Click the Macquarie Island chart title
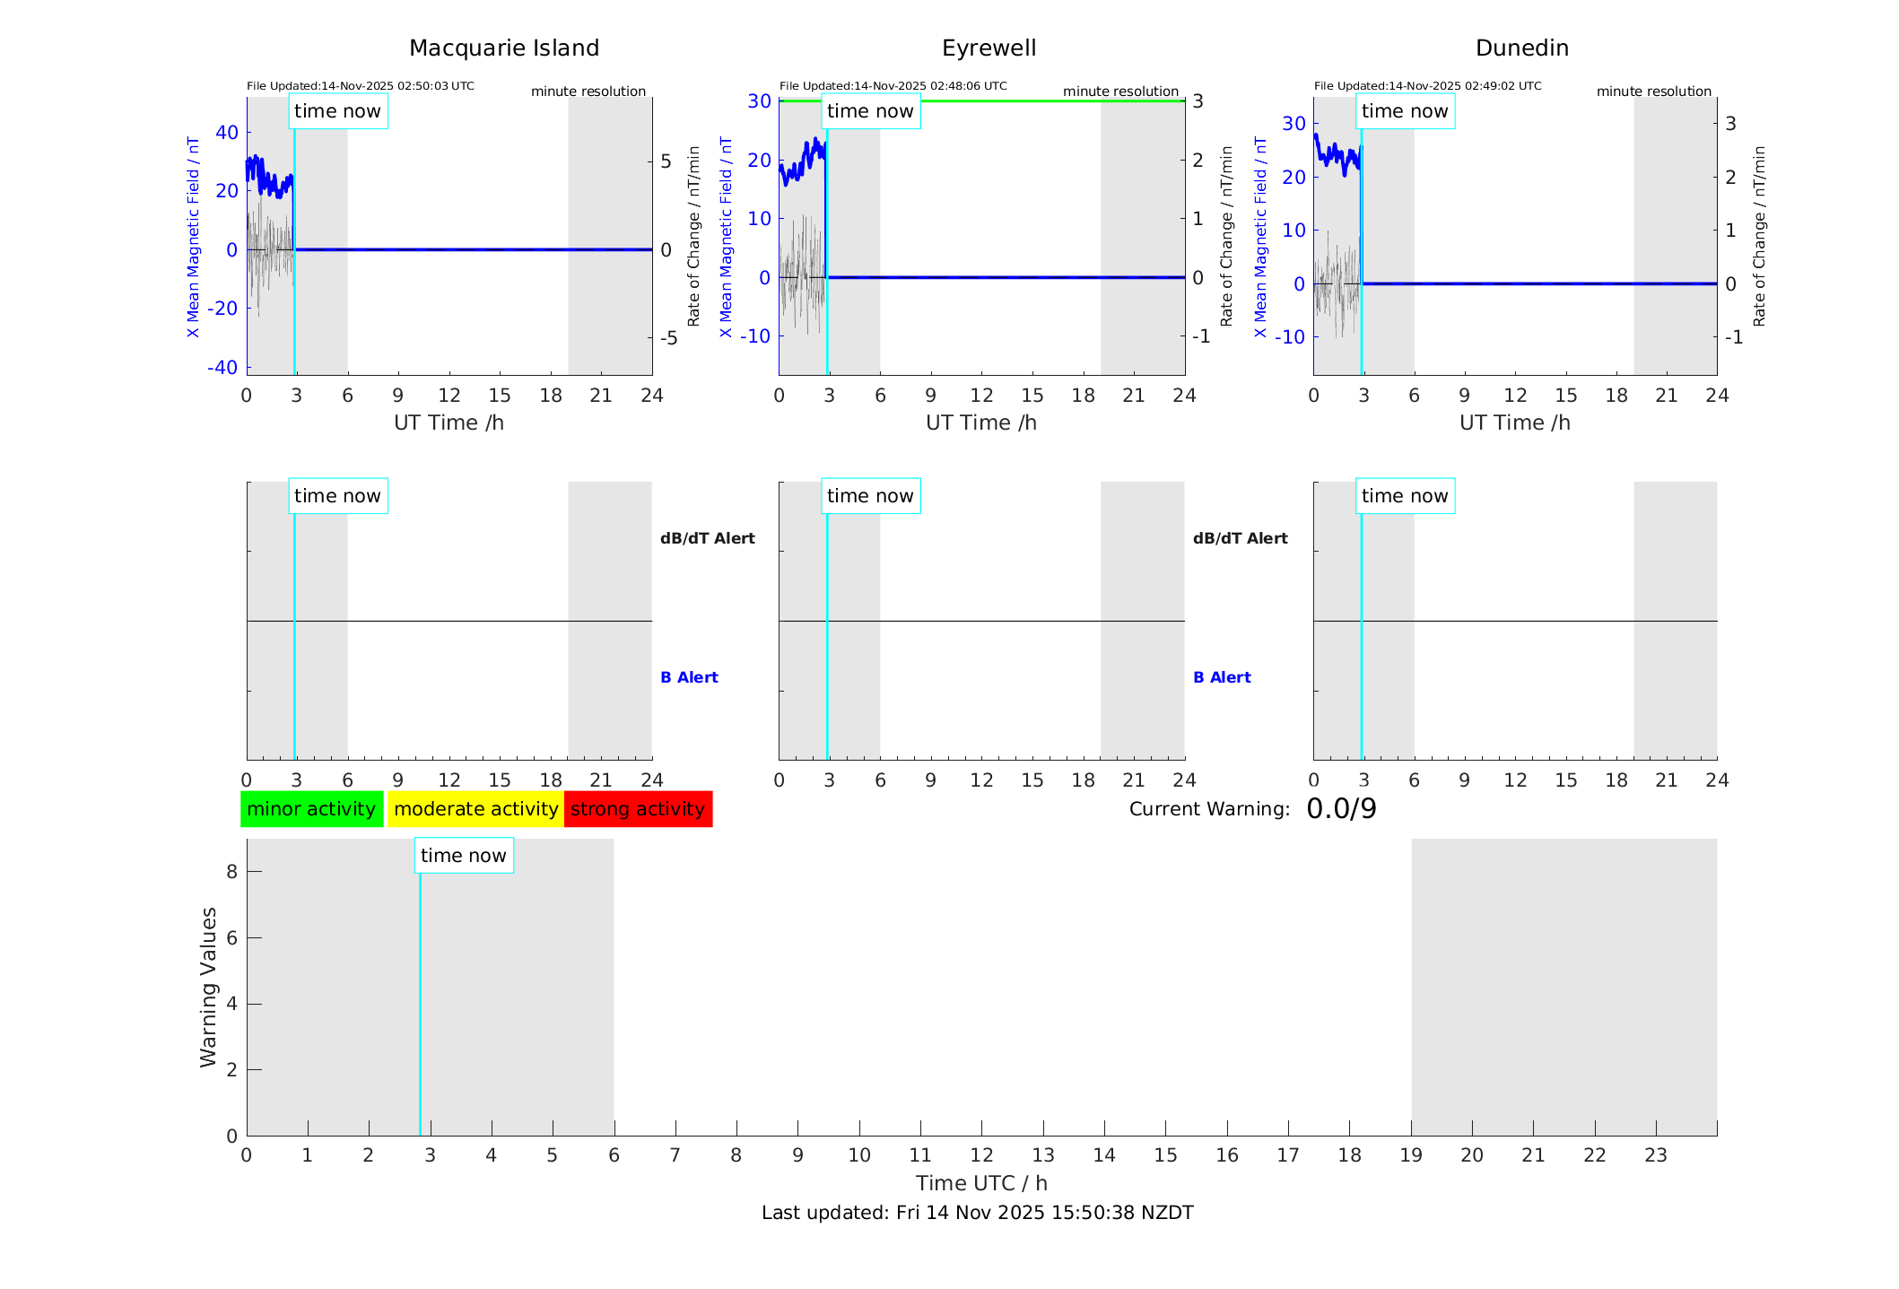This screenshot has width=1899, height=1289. coord(504,48)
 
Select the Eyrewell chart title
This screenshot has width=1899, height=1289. coord(989,48)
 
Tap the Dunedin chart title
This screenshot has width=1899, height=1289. coord(1521,48)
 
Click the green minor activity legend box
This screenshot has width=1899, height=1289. coord(311,809)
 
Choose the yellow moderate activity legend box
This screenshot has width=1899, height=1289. coord(475,809)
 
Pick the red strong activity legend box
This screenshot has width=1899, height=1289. coord(638,809)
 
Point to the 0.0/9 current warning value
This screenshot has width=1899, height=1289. coord(1341,809)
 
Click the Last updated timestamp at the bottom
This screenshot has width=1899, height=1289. coord(977,1213)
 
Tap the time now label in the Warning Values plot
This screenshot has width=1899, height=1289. coord(464,856)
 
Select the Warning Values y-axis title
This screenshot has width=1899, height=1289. coord(209,987)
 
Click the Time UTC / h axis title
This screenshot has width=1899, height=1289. coord(981,1183)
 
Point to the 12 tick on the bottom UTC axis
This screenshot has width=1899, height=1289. coord(981,1155)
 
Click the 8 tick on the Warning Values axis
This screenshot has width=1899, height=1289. coord(231,872)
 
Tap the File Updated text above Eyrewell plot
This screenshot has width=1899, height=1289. coord(893,86)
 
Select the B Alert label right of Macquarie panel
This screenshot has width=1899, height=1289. coord(689,677)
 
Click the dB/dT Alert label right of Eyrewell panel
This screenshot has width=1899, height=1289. coord(1240,538)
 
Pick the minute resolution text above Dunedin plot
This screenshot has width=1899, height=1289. coord(1653,91)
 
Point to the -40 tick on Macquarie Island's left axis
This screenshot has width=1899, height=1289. coord(222,368)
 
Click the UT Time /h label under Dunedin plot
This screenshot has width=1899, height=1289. coord(1514,422)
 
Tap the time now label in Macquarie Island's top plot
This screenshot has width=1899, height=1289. coord(337,111)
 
